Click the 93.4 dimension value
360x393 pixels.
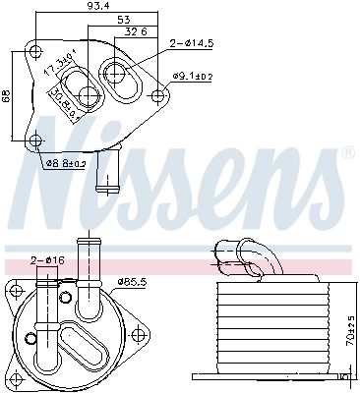click(x=97, y=8)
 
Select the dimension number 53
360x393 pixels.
click(x=121, y=19)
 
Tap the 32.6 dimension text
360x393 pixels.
click(x=137, y=31)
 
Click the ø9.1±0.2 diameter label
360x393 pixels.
click(x=194, y=76)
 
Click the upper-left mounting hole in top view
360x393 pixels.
click(x=36, y=51)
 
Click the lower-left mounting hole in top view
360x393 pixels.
click(x=36, y=139)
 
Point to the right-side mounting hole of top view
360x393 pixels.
click(x=159, y=95)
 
